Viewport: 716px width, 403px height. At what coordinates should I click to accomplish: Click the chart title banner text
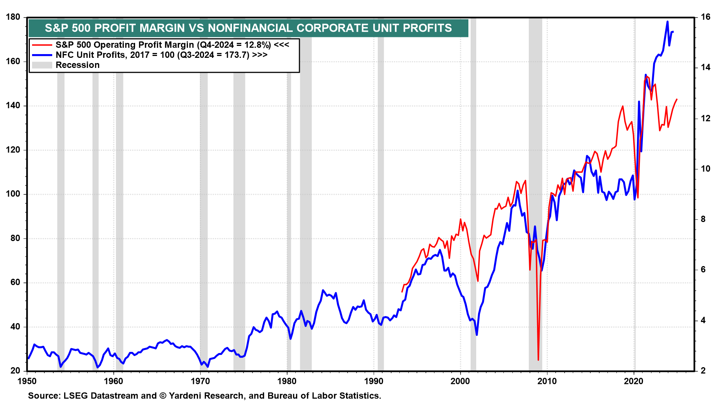248,28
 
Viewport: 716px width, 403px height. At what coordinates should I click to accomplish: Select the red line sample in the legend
42,45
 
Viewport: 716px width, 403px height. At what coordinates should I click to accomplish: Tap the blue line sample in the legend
42,55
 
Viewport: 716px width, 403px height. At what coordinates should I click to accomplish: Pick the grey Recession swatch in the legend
42,65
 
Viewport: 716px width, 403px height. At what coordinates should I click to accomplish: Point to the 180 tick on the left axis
13,17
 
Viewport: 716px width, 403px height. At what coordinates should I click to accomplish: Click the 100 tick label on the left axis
13,194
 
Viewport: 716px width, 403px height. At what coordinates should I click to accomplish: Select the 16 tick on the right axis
706,17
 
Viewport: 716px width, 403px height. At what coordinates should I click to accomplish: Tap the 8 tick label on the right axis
703,219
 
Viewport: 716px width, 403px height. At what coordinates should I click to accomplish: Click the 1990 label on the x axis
374,381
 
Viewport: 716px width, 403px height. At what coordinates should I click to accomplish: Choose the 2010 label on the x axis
547,381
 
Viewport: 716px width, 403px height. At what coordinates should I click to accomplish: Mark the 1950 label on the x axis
27,381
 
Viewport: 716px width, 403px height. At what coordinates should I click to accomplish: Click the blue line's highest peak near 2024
668,22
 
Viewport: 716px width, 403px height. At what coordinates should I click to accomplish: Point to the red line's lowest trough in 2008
538,360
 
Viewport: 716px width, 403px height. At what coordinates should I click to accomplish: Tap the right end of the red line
676,100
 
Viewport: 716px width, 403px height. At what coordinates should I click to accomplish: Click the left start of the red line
402,291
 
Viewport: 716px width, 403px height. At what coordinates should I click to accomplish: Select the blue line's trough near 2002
477,335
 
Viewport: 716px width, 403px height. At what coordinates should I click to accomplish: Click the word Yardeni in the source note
187,396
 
